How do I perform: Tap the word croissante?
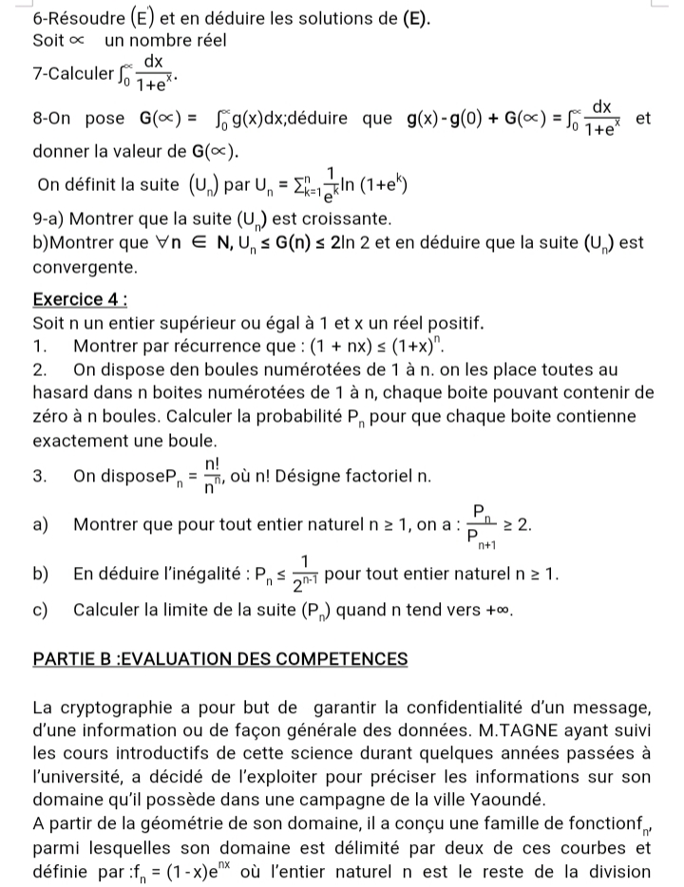pos(328,217)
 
